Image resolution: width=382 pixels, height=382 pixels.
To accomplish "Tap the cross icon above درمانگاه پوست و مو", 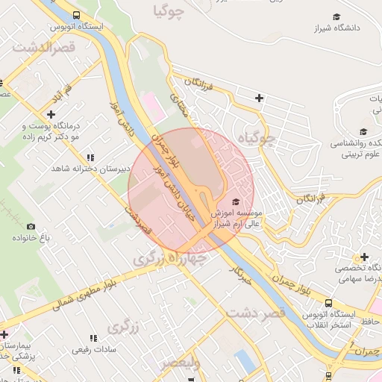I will pos(51,114).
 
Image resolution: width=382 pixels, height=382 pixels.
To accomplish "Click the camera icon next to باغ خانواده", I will pos(31,226).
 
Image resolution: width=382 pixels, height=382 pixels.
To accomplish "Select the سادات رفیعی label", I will pos(91,349).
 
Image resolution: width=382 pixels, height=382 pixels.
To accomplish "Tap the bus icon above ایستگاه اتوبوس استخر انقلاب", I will pos(328,303).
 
